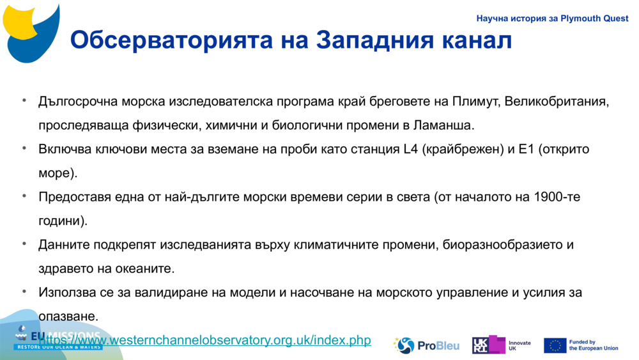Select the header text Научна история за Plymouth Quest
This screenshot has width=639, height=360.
pos(553,19)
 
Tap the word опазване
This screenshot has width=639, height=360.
pos(68,316)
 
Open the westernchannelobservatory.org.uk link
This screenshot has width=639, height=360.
pos(205,340)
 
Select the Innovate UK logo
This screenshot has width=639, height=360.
pos(501,345)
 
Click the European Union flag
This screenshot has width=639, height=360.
pos(555,345)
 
